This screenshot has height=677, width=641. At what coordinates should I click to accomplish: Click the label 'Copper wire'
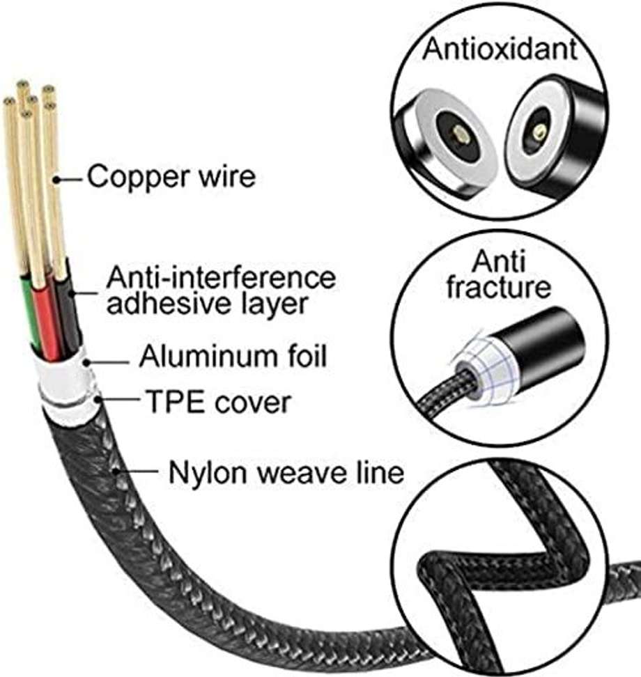(x=171, y=177)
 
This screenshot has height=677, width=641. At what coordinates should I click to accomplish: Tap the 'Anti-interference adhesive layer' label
(x=220, y=291)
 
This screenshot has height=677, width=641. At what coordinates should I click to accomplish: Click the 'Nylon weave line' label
(x=286, y=473)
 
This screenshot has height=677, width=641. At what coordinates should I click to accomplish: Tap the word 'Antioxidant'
(x=501, y=48)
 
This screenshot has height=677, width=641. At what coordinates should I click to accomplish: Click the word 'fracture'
(x=499, y=287)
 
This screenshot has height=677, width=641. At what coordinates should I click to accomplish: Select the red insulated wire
(x=49, y=320)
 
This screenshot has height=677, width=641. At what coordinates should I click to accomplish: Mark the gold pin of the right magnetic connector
(x=537, y=131)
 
